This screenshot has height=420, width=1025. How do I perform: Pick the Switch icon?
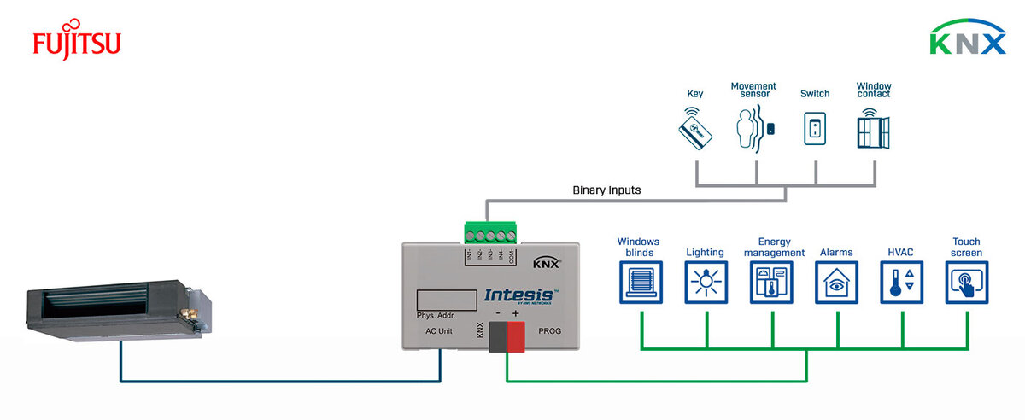coord(815,130)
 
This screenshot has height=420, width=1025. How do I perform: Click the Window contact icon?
coord(873,130)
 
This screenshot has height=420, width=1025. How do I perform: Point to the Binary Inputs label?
coord(606,190)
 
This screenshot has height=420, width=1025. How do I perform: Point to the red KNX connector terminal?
coord(517,338)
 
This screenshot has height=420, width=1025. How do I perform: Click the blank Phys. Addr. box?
coord(446,300)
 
